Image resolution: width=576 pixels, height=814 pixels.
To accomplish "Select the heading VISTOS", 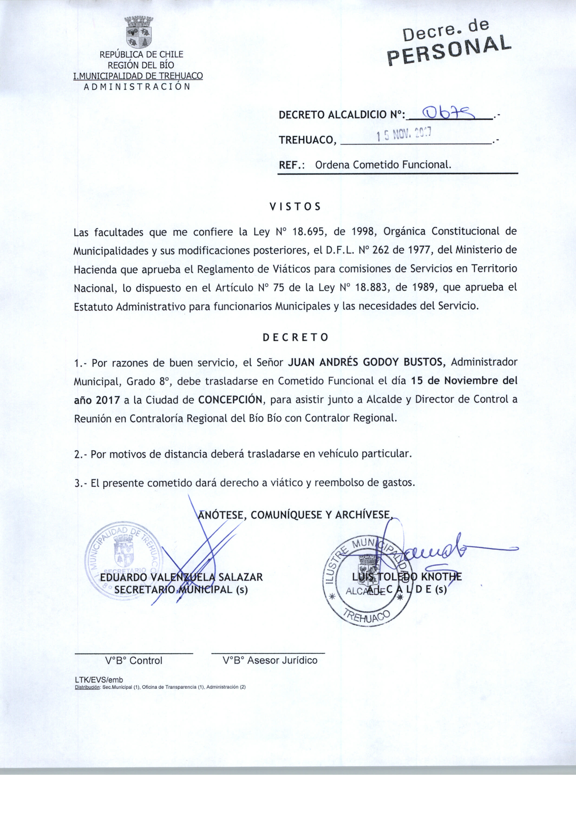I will pos(295,207).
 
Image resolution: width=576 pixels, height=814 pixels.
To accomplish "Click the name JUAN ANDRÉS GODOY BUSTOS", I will pos(365,362).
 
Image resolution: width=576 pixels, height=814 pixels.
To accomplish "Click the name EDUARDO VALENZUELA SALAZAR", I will pos(181,577).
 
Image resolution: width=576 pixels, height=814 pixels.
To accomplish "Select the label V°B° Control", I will pos(134,660).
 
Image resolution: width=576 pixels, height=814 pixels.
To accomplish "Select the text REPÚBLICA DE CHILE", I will pos(141,55).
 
